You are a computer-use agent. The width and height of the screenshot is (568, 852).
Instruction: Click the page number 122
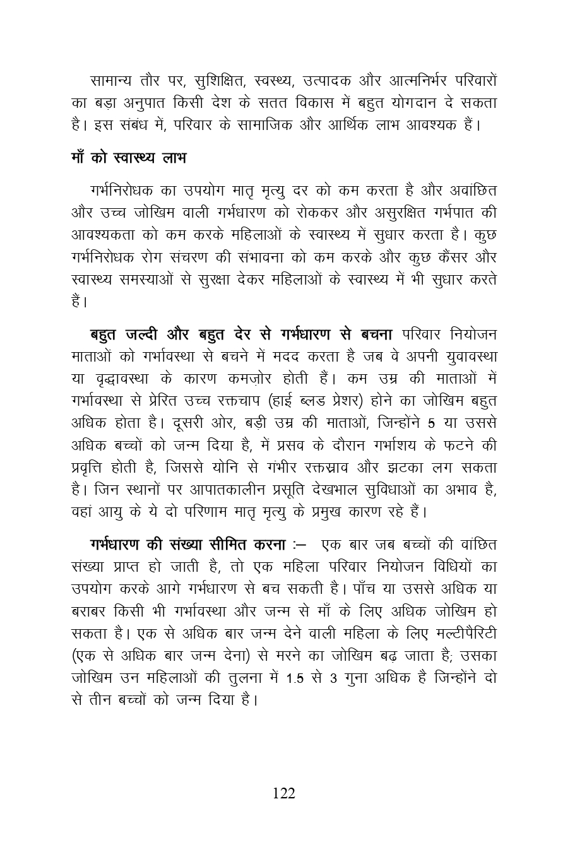(x=283, y=793)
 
